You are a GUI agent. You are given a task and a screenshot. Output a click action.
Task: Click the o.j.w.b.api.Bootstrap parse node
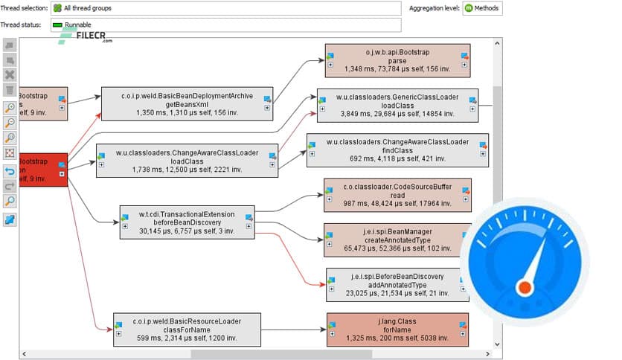[397, 60]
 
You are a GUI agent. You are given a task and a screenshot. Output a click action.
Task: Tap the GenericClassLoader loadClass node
[397, 106]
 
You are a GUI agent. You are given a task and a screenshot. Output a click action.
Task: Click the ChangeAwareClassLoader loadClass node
[187, 160]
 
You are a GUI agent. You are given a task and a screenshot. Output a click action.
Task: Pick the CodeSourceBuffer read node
[397, 195]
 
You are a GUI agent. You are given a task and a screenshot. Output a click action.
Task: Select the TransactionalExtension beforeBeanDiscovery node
[187, 222]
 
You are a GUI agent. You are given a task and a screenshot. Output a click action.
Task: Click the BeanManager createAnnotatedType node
[397, 240]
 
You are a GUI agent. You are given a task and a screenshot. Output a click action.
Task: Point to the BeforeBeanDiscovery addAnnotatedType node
[397, 284]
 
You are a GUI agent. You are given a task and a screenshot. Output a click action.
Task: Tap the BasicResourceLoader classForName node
[187, 329]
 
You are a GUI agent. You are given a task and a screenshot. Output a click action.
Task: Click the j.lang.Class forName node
[397, 329]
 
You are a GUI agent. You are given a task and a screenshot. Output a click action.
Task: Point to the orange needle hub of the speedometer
[526, 286]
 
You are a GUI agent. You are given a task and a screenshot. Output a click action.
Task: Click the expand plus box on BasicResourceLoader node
[119, 333]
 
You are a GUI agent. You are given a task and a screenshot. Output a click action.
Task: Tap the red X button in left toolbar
[10, 74]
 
